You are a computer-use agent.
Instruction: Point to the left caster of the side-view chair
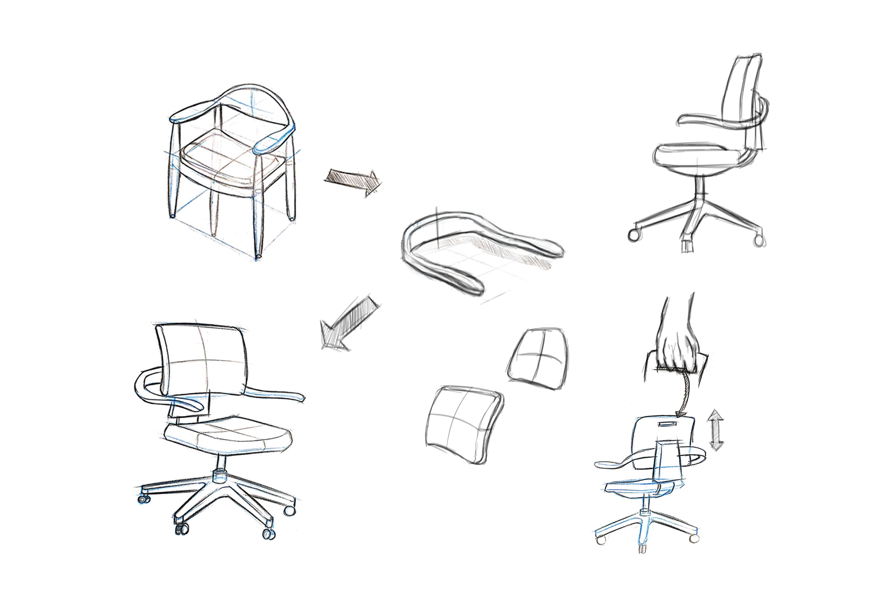click(633, 235)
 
